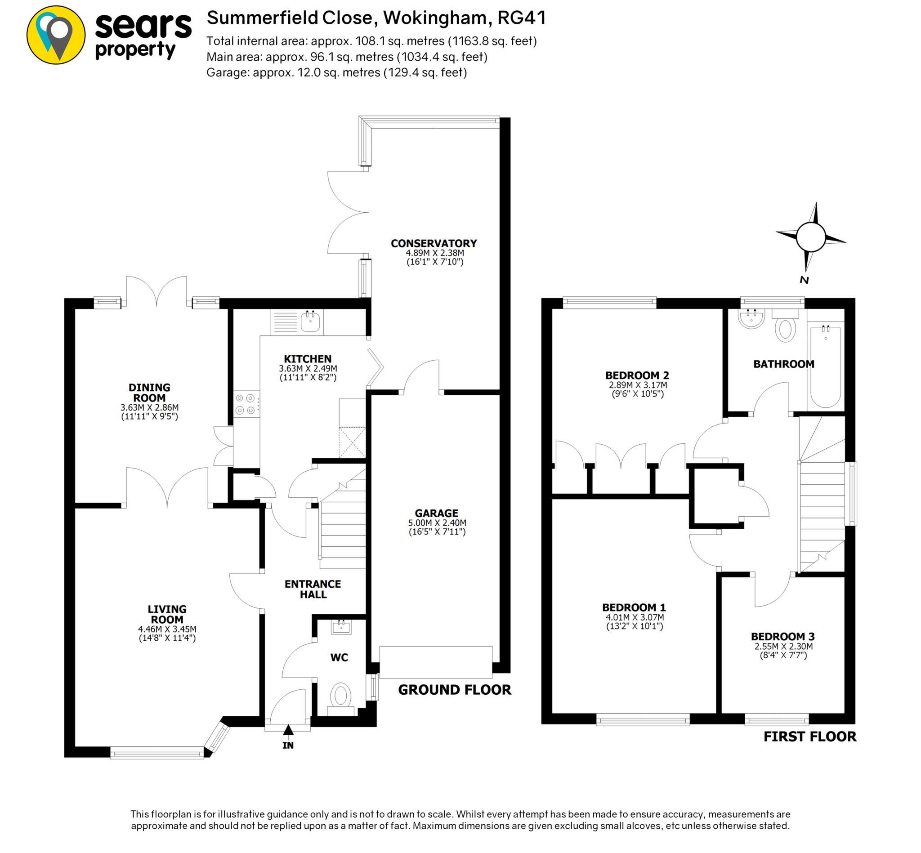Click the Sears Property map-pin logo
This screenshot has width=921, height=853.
pyautogui.click(x=56, y=35)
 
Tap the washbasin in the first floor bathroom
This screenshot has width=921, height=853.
pyautogui.click(x=751, y=318)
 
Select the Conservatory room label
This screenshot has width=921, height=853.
pyautogui.click(x=434, y=243)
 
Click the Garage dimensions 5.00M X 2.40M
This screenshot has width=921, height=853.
pyautogui.click(x=437, y=523)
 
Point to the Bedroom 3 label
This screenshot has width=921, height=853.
pyautogui.click(x=782, y=637)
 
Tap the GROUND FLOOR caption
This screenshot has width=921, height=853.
pyautogui.click(x=454, y=690)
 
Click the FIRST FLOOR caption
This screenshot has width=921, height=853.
pyautogui.click(x=809, y=737)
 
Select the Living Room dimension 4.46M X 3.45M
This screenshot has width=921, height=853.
pyautogui.click(x=167, y=629)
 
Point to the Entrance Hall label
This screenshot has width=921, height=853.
pyautogui.click(x=313, y=589)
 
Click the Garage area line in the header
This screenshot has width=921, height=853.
pyautogui.click(x=336, y=72)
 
